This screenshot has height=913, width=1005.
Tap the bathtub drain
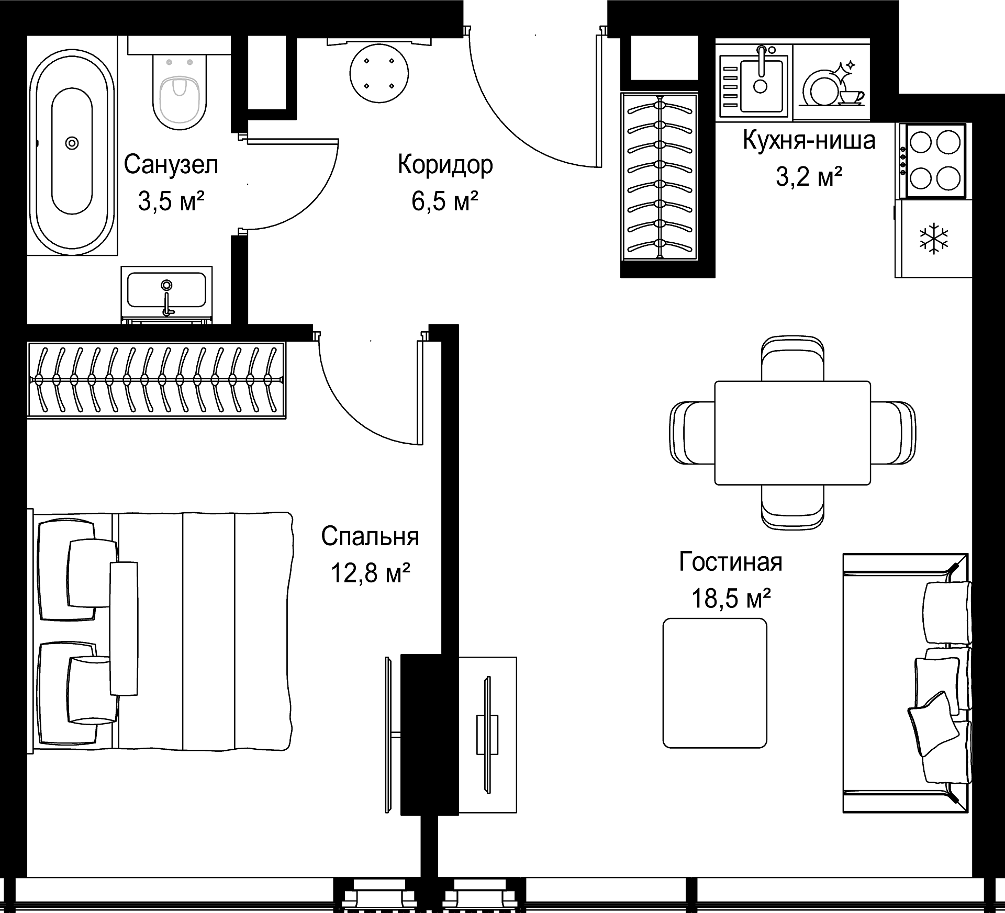tap(72, 143)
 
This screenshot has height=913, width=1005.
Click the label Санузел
tap(171, 165)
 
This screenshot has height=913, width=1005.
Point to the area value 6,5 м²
tap(445, 201)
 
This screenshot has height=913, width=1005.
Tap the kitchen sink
tap(754, 81)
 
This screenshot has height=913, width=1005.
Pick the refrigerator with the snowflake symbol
tap(933, 239)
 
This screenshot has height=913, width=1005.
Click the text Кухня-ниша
tap(809, 141)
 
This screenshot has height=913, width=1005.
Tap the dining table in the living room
tap(792, 433)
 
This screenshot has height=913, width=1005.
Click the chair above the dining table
tap(792, 359)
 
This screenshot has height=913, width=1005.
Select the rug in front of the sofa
tap(714, 683)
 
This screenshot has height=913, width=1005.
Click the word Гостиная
tap(730, 562)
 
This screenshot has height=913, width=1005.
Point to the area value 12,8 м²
tap(370, 573)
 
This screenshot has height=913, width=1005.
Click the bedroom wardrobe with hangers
tap(156, 380)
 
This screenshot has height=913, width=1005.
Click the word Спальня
tap(370, 537)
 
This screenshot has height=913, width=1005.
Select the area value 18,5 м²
tap(731, 599)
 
